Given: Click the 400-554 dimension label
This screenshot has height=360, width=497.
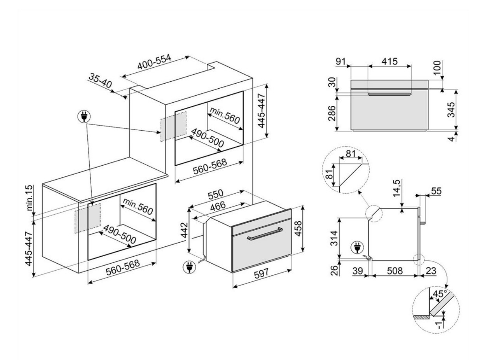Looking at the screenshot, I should pyautogui.click(x=154, y=63).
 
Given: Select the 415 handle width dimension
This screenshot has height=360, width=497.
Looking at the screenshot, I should pyautogui.click(x=389, y=61).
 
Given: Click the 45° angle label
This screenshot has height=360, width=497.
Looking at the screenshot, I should pyautogui.click(x=440, y=294).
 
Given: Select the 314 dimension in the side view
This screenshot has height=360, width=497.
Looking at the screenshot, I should pyautogui.click(x=333, y=238).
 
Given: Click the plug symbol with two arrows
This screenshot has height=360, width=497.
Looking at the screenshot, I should pyautogui.click(x=84, y=116).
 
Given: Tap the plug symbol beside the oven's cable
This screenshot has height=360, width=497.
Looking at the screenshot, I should pyautogui.click(x=189, y=267).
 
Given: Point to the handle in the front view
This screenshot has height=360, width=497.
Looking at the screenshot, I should pyautogui.click(x=389, y=94).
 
